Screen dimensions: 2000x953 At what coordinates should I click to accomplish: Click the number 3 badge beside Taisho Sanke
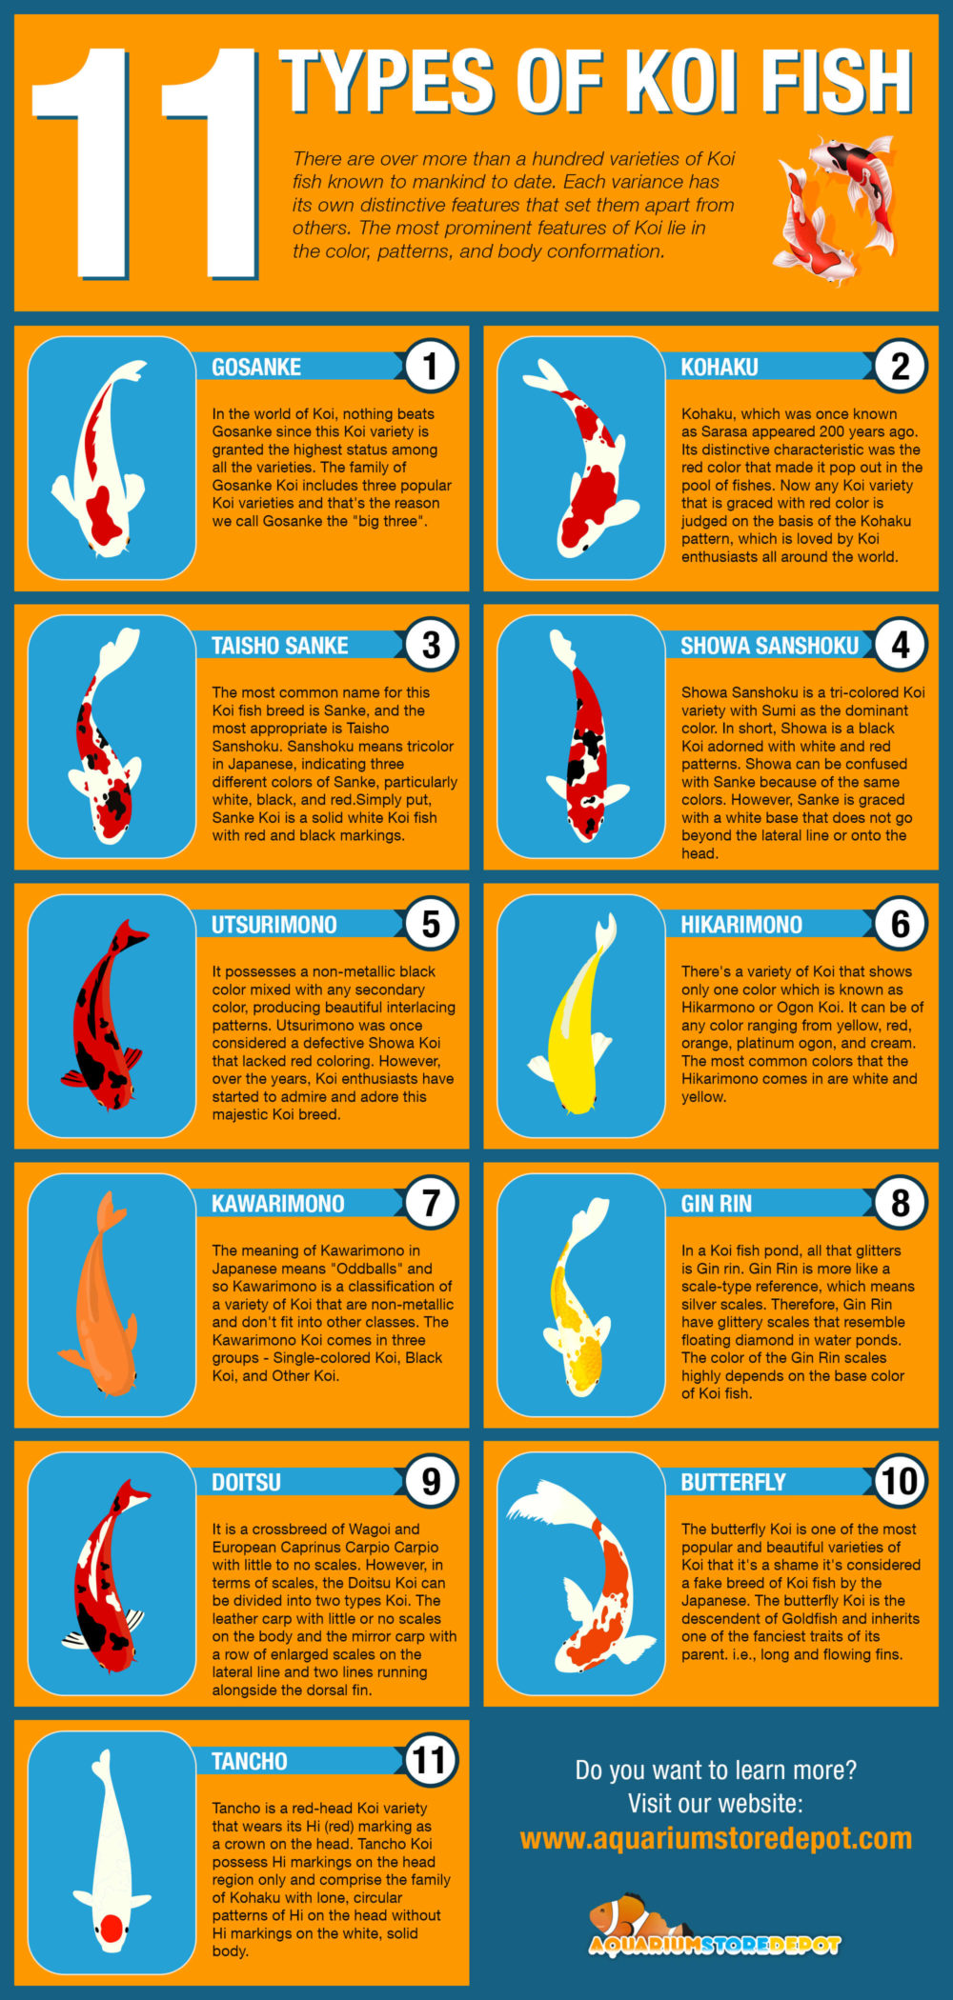click(431, 645)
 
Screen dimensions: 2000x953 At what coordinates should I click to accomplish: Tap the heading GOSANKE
click(256, 367)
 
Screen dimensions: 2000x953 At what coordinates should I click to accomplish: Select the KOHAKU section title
click(720, 367)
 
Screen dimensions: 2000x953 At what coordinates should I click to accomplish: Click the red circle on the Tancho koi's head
click(112, 1929)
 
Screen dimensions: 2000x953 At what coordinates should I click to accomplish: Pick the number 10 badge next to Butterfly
click(900, 1481)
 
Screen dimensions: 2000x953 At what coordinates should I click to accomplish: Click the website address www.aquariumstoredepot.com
click(716, 1838)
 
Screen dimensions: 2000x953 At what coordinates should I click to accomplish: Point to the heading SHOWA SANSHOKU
click(769, 646)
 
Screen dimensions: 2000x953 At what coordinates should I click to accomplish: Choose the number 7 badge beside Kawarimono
click(431, 1203)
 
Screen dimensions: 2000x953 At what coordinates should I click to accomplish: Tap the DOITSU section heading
click(246, 1482)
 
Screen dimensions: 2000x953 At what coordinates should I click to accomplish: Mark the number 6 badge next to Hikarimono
click(900, 924)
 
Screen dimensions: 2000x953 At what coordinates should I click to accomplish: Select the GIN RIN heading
click(716, 1204)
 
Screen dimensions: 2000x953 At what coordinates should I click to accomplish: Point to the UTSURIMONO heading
click(274, 925)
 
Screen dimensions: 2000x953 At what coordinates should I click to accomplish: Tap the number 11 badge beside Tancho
click(430, 1760)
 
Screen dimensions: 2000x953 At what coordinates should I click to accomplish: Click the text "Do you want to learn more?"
click(716, 1770)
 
